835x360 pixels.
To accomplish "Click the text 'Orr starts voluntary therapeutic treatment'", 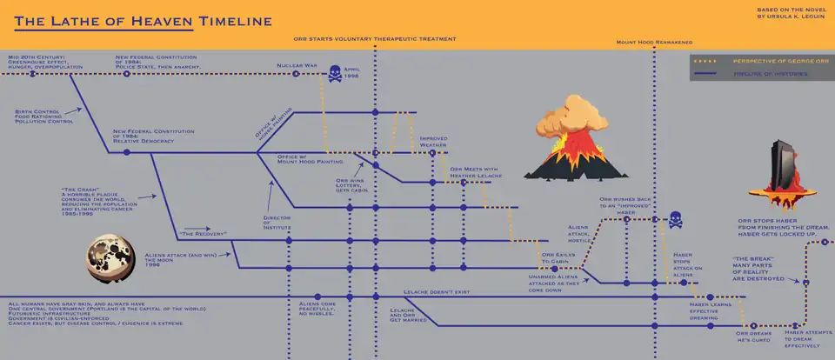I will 375,39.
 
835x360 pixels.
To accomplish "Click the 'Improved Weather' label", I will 434,141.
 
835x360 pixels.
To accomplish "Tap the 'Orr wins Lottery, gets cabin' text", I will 350,184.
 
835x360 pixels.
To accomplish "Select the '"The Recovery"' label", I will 202,235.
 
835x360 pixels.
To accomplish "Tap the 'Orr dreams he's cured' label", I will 753,336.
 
